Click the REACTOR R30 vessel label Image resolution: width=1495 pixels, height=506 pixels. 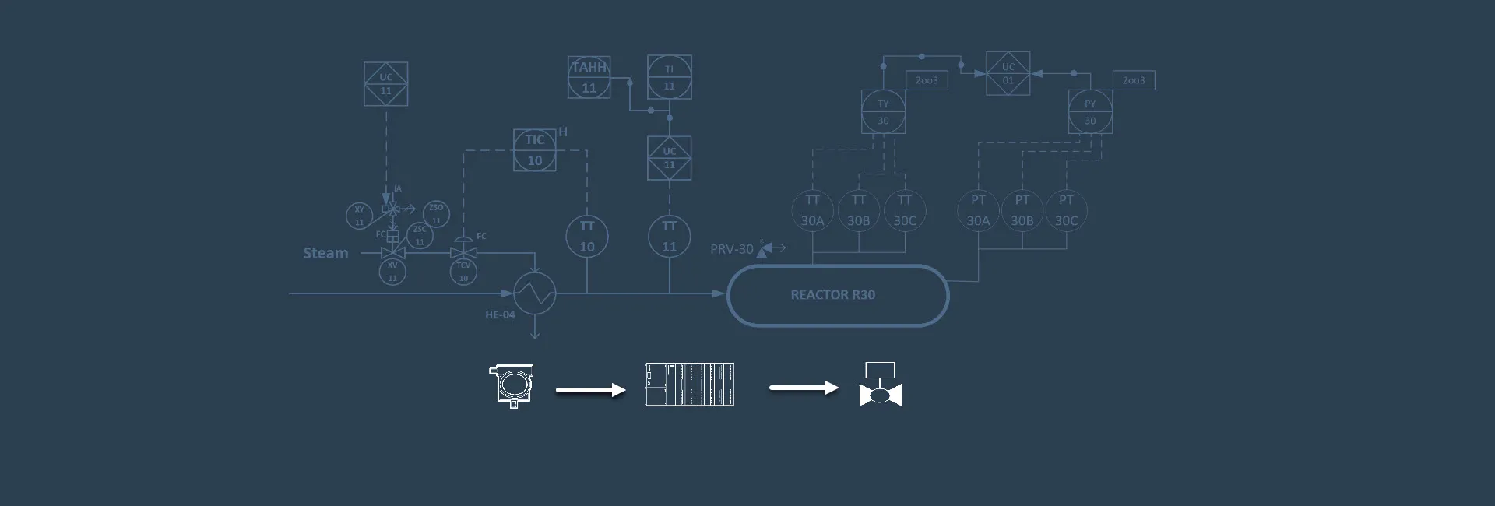tap(832, 295)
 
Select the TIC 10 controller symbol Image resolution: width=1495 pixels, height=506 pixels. tap(534, 150)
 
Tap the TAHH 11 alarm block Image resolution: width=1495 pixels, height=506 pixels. tap(589, 77)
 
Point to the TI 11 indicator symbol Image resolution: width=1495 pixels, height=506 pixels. tap(669, 77)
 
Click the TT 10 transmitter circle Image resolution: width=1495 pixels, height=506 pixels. tap(586, 236)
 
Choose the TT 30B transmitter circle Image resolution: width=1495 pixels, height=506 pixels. tap(858, 210)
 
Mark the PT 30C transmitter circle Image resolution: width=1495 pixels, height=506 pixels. tap(1066, 210)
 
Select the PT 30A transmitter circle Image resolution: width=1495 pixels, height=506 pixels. tap(978, 210)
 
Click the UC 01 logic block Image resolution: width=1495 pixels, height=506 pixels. tap(1008, 74)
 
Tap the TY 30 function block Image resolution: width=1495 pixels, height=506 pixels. tap(883, 112)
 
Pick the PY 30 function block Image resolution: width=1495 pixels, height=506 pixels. tap(1089, 112)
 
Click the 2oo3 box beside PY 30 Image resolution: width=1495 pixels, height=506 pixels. tap(1133, 80)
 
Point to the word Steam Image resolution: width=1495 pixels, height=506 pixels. tap(325, 253)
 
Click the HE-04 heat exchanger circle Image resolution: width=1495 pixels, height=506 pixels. tap(534, 294)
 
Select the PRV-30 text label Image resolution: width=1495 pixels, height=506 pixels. tap(731, 249)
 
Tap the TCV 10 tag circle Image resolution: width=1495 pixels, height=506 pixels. tap(463, 272)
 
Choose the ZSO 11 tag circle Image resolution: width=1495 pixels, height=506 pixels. tap(436, 213)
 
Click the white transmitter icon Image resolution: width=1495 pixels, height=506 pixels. tap(512, 385)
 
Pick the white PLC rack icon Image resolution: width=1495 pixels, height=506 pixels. tap(690, 385)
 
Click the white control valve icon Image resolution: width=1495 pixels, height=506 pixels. tap(881, 385)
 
